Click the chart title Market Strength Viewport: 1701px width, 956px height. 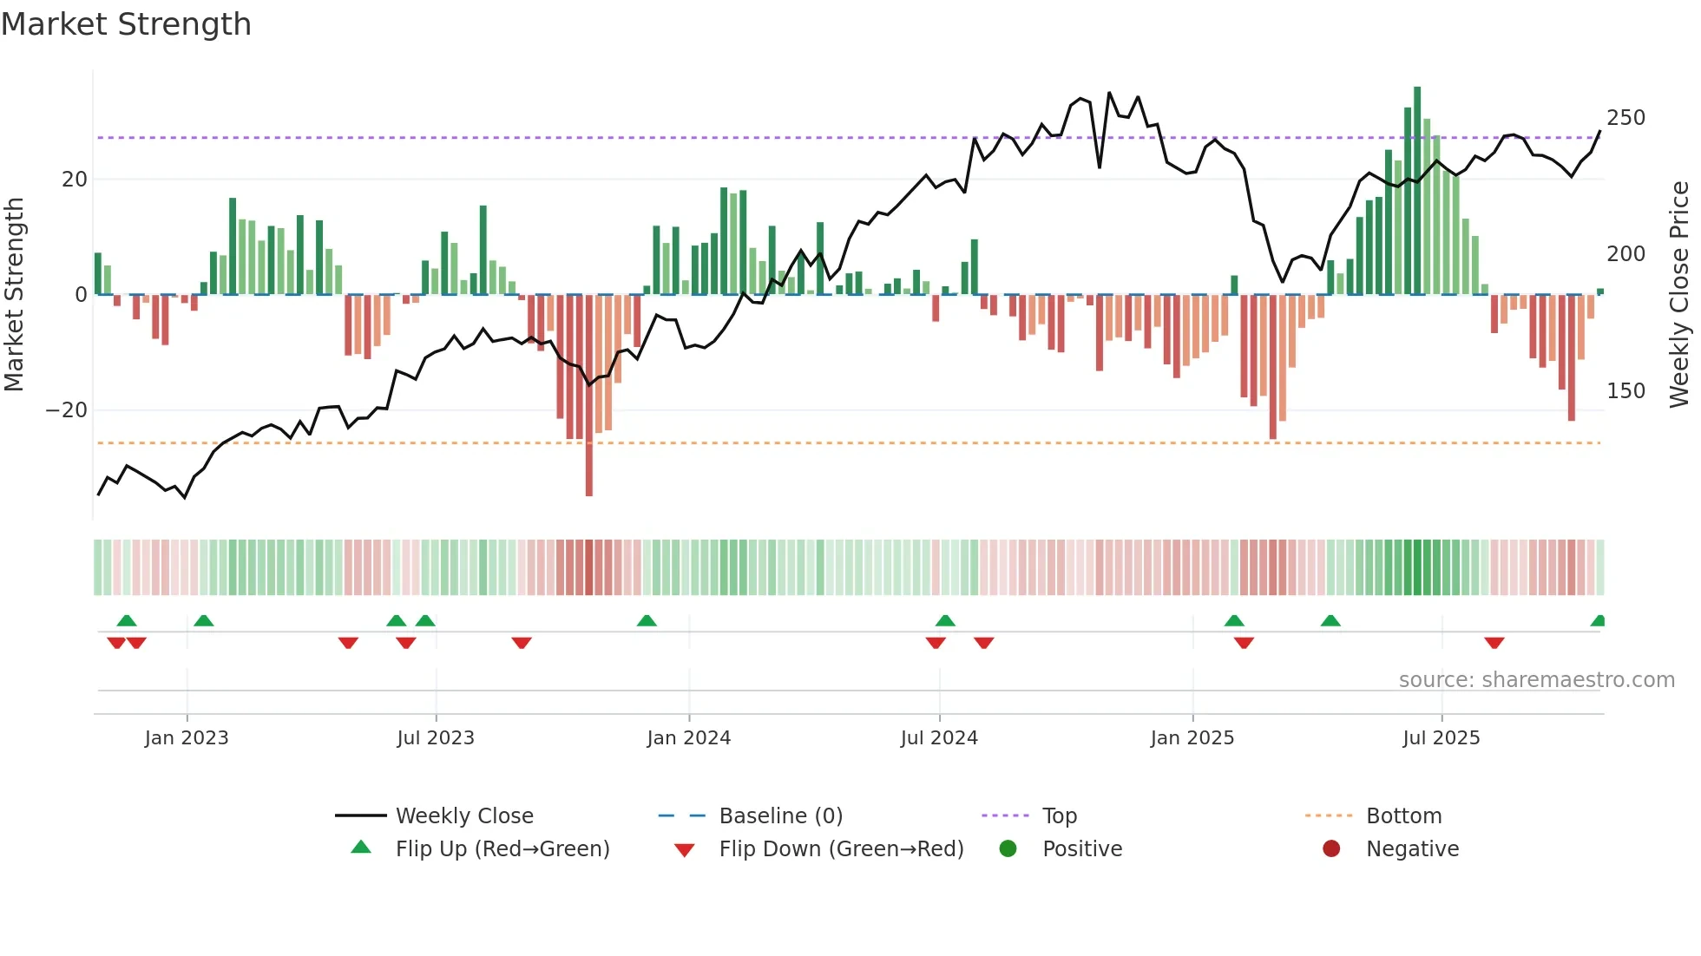click(126, 24)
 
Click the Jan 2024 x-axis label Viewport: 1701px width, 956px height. click(688, 738)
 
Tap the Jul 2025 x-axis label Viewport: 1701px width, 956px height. click(1441, 738)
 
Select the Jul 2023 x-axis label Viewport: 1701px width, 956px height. click(435, 738)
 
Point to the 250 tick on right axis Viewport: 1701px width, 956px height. click(1625, 118)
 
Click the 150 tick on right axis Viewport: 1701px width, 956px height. click(1625, 391)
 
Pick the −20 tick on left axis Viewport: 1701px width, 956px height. click(67, 410)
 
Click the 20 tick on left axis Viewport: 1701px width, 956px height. click(75, 180)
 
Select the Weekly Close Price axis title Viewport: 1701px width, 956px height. click(1679, 295)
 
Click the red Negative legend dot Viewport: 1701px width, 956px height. click(1330, 849)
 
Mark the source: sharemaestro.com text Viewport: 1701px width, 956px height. click(1536, 680)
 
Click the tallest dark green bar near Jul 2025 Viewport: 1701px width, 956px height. click(1417, 191)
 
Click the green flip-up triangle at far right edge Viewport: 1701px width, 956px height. click(1598, 621)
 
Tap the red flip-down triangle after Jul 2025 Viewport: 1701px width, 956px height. click(1494, 643)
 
